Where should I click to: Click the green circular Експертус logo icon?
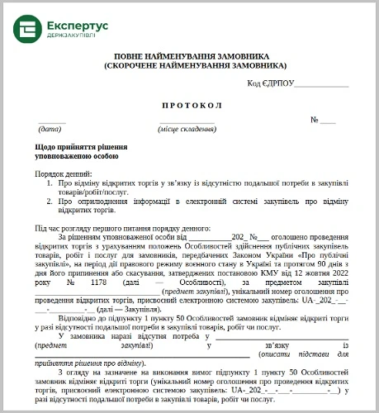(x=28, y=30)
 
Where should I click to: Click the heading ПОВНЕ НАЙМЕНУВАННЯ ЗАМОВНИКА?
(x=196, y=54)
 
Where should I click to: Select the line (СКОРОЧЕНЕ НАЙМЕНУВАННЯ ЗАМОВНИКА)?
(x=196, y=64)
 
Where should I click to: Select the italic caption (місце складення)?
(x=187, y=130)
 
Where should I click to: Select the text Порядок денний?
(x=63, y=174)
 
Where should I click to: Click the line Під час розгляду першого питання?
(x=123, y=227)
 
